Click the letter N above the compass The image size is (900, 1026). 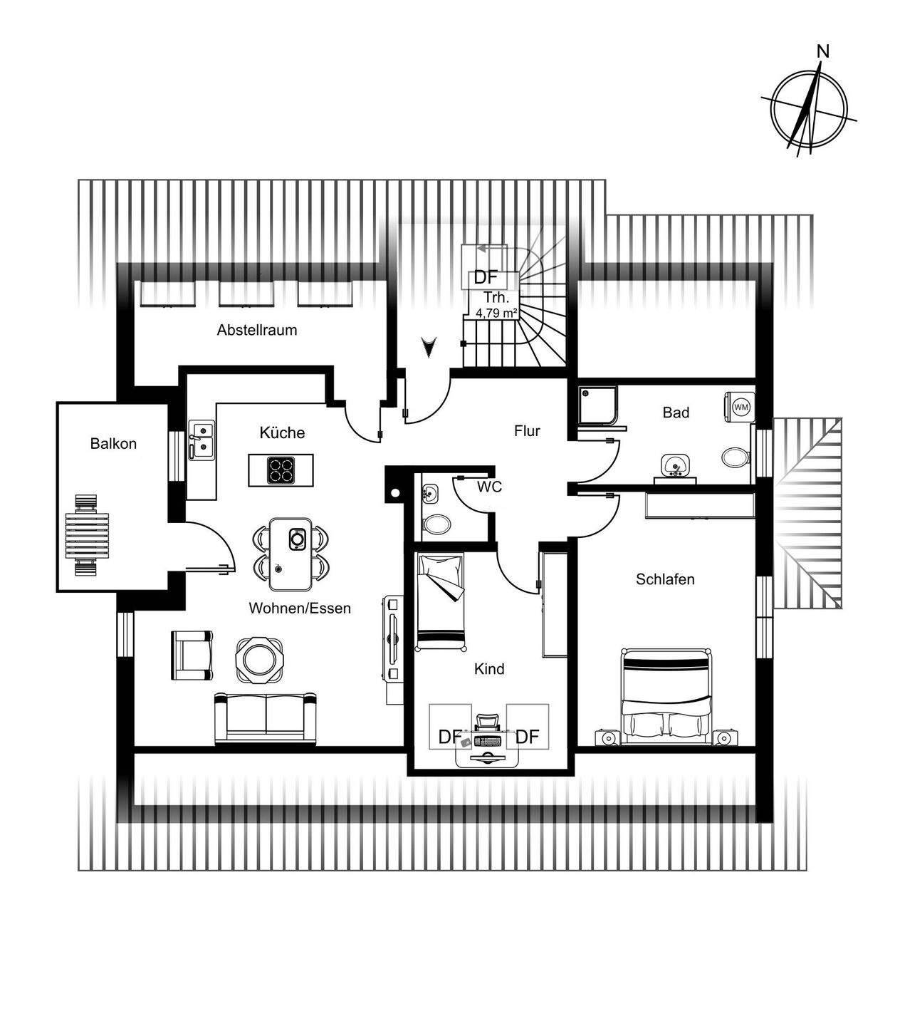click(823, 51)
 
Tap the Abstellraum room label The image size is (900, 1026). click(257, 330)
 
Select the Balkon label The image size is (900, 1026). click(113, 444)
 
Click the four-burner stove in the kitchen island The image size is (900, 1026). click(281, 470)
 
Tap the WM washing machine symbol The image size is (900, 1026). click(741, 407)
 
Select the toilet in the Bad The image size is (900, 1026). click(735, 457)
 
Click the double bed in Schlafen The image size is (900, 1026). click(666, 695)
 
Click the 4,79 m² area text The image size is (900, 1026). click(496, 311)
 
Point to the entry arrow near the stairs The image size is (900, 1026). click(428, 347)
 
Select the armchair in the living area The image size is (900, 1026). click(192, 654)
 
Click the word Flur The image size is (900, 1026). click(527, 431)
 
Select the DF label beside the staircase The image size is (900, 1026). click(486, 278)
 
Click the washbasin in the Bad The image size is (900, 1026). click(673, 466)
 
